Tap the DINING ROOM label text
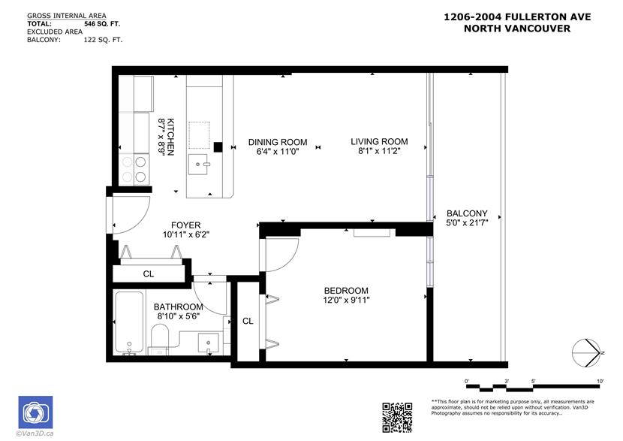pyautogui.click(x=278, y=142)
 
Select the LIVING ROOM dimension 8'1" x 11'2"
pyautogui.click(x=379, y=151)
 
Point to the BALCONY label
pyautogui.click(x=467, y=213)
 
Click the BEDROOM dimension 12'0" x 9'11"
pyautogui.click(x=346, y=300)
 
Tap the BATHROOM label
pyautogui.click(x=179, y=307)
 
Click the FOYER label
pyautogui.click(x=186, y=225)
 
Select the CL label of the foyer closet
pyautogui.click(x=149, y=274)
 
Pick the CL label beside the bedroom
pyautogui.click(x=248, y=321)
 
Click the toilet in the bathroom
pyautogui.click(x=160, y=339)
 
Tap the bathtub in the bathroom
pyautogui.click(x=129, y=322)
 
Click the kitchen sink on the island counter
pyautogui.click(x=198, y=165)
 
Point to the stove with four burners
pyautogui.click(x=134, y=169)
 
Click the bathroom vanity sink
pyautogui.click(x=209, y=343)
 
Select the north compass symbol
pyautogui.click(x=587, y=352)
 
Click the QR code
pyautogui.click(x=397, y=418)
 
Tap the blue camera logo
pyautogui.click(x=35, y=412)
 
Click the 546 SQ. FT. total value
pyautogui.click(x=102, y=23)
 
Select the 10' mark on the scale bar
pyautogui.click(x=600, y=382)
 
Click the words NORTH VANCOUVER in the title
pyautogui.click(x=517, y=29)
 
